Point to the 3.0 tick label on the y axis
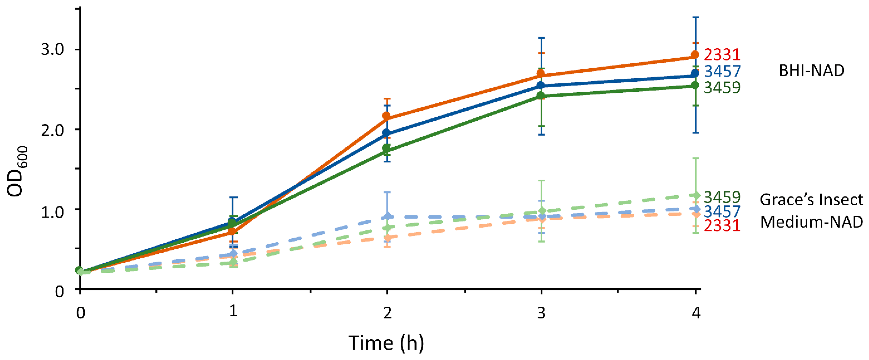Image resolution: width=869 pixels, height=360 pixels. coord(52,49)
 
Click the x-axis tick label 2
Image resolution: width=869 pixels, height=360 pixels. coord(387,313)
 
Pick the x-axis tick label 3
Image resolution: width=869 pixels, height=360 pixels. coord(541,313)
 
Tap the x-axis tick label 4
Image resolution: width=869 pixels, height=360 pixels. coord(696,313)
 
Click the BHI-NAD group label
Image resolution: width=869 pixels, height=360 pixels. coord(811,71)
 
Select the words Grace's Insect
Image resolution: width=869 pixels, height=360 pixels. coord(811,200)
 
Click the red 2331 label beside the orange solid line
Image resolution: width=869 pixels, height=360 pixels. coord(722,55)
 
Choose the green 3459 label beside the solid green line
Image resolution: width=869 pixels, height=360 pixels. coord(722,87)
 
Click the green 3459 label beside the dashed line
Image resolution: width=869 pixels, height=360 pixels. coord(722,197)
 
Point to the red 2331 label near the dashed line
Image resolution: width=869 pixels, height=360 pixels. coord(722,225)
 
